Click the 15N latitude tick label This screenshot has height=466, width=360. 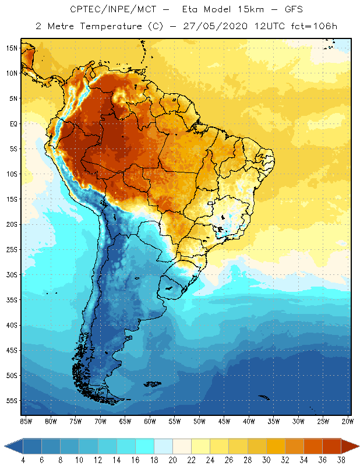click(x=12, y=48)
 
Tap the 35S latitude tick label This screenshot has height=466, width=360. click(x=12, y=300)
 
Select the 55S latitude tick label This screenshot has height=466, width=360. click(x=12, y=401)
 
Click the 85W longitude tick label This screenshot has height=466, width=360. click(x=26, y=421)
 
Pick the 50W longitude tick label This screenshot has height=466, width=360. click(x=199, y=421)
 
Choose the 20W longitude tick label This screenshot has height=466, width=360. click(x=348, y=421)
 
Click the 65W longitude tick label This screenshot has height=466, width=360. click(x=125, y=421)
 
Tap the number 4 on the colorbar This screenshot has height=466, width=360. click(x=23, y=460)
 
